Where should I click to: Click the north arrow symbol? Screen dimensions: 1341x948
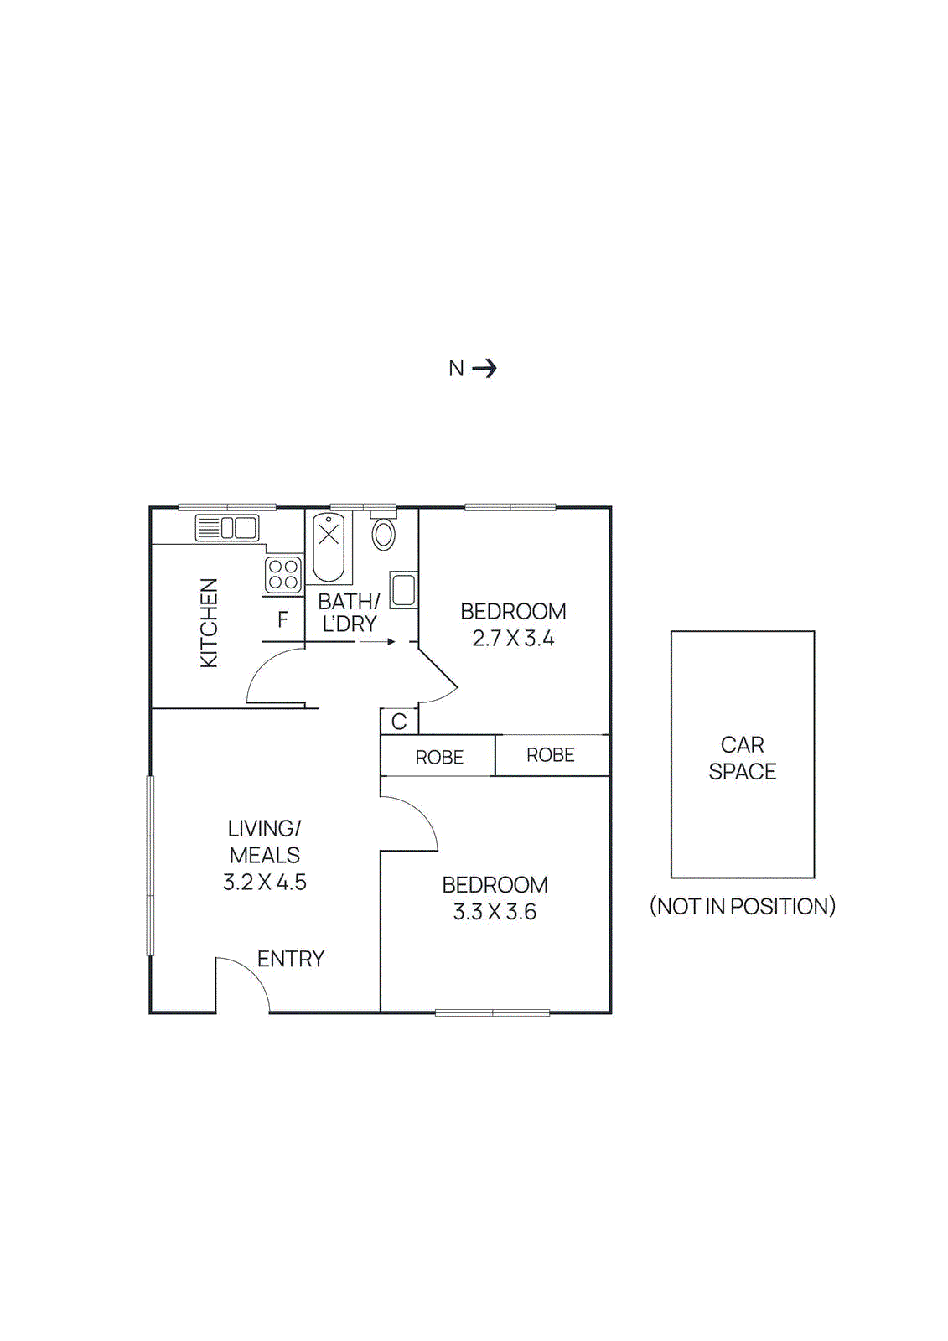point(484,368)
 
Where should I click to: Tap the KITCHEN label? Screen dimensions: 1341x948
point(209,623)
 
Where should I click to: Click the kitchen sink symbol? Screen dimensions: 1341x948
point(227,528)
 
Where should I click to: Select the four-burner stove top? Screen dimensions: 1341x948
point(283,574)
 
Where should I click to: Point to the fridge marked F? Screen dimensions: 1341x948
point(283,619)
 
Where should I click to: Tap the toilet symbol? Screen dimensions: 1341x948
point(384,533)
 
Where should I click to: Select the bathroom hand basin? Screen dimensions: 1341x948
point(403,590)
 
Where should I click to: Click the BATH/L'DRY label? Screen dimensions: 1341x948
point(350,613)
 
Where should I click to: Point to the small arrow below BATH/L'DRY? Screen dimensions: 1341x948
point(378,642)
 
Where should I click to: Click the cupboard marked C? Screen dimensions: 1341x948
point(399,722)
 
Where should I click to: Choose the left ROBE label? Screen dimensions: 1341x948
point(439,758)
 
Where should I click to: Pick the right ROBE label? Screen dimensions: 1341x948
point(551,755)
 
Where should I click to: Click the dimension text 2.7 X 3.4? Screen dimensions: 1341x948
point(513,639)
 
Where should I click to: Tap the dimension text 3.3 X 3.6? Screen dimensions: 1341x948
point(495,912)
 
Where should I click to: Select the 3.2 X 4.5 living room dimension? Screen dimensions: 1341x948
point(265,882)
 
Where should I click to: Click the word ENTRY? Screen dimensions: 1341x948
point(291,959)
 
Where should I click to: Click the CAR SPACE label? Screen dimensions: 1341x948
point(743,758)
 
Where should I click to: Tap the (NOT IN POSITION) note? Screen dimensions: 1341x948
point(743,906)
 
